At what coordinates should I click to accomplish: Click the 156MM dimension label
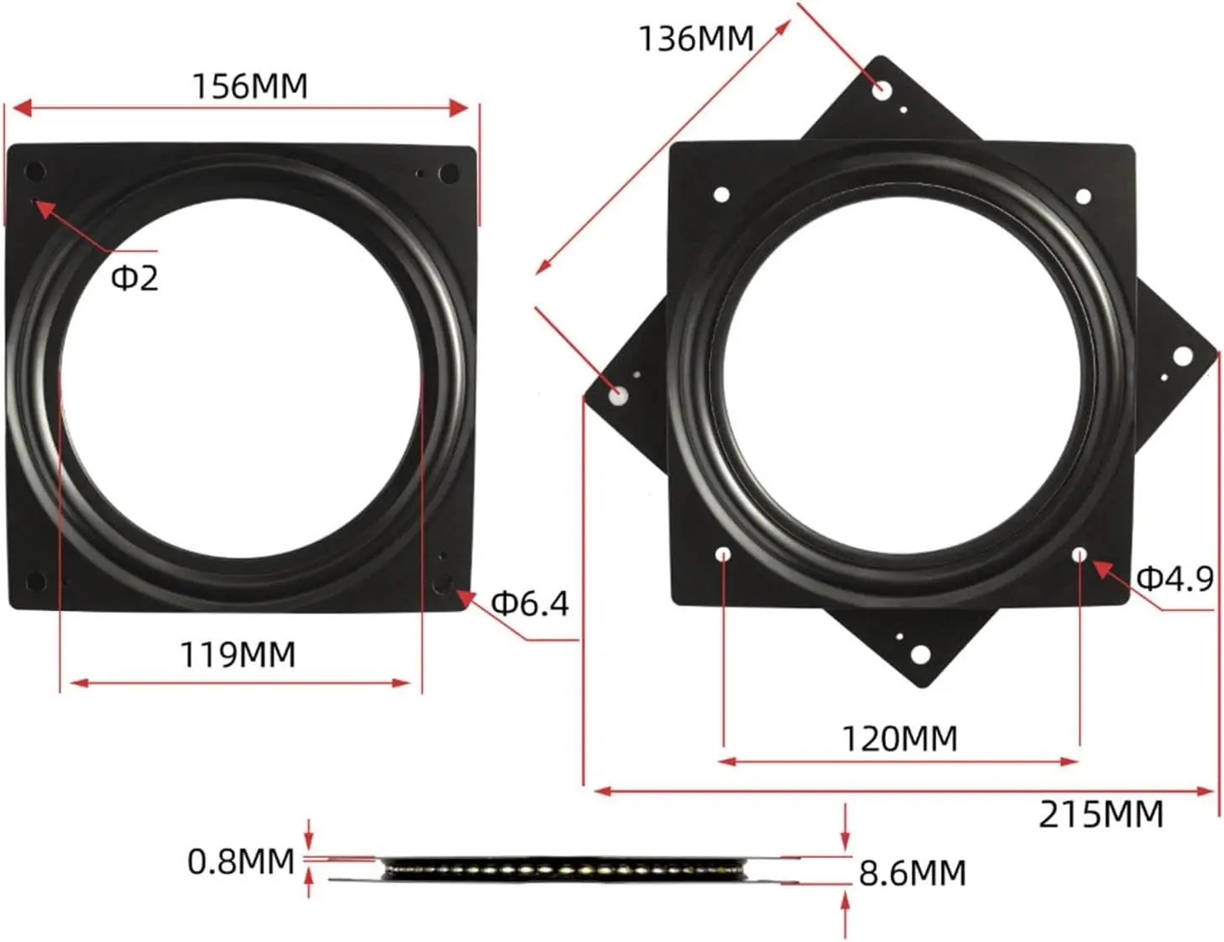(x=250, y=86)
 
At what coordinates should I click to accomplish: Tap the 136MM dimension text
(x=696, y=39)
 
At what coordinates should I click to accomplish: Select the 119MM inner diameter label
(x=238, y=654)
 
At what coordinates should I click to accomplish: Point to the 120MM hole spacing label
(x=900, y=739)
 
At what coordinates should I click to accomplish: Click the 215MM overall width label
(x=1101, y=814)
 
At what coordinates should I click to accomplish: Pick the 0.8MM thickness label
(x=241, y=861)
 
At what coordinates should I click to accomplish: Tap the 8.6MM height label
(x=913, y=873)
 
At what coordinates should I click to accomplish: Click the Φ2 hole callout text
(x=134, y=278)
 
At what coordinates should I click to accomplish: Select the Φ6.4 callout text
(x=530, y=603)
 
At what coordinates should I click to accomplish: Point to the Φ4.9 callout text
(x=1175, y=578)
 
